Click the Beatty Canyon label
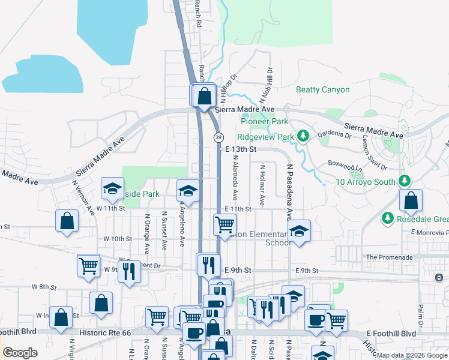coord(323,89)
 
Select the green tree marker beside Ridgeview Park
coord(304,137)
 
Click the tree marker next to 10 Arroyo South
coord(405,181)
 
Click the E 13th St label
coord(241,148)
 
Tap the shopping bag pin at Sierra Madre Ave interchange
coord(204,96)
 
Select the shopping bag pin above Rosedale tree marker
coord(411,201)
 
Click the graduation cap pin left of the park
coord(112,189)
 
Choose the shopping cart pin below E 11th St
coord(224,225)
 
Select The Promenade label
coord(389,257)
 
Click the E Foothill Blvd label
coord(391,334)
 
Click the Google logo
coord(19,353)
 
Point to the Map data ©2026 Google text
coord(411,355)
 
